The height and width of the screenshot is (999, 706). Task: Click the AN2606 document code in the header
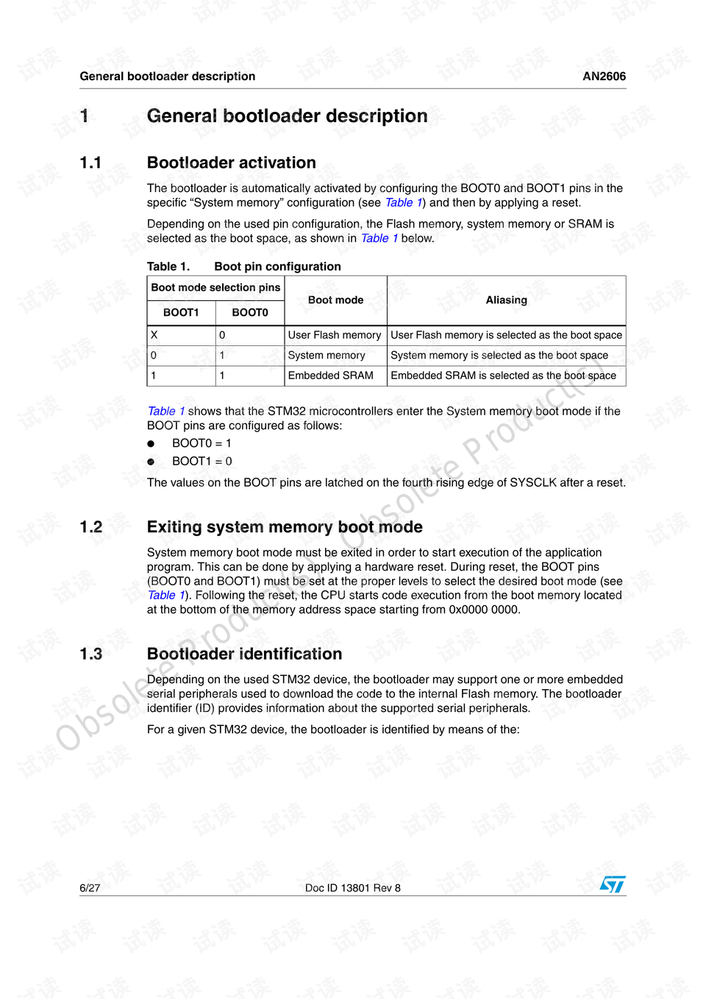tap(604, 77)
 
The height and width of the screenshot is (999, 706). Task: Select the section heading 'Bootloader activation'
tap(231, 163)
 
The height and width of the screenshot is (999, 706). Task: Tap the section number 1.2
tap(91, 527)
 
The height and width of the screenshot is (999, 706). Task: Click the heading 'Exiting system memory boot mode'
tap(285, 527)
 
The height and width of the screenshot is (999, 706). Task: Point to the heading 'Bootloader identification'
tap(244, 654)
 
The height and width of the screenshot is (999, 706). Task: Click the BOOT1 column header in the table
tap(181, 313)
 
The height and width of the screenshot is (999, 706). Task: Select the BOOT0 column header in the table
tap(250, 313)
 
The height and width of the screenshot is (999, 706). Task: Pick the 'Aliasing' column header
tap(506, 300)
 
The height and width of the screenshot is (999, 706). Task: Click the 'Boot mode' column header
tap(335, 300)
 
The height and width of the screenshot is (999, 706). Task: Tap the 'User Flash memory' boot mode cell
tap(335, 335)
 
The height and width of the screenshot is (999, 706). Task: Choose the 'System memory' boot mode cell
tap(327, 356)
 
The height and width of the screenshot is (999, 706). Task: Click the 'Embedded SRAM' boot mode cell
tap(330, 375)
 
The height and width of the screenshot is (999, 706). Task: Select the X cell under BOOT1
tap(154, 335)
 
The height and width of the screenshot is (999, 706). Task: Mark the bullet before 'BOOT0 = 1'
tap(151, 444)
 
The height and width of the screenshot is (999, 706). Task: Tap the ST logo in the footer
tap(612, 884)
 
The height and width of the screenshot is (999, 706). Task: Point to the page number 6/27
tap(90, 889)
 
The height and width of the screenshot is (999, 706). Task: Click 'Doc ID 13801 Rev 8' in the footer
tap(353, 889)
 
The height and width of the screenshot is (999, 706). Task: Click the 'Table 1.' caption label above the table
tap(168, 266)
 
